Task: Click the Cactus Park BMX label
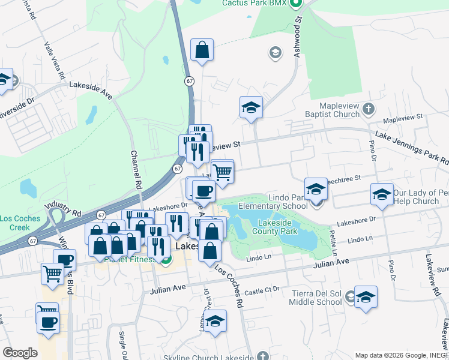tap(255, 4)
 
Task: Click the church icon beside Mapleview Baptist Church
tap(369, 110)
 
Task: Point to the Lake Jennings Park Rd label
tap(412, 148)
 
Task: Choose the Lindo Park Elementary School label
tap(273, 201)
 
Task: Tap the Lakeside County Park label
tap(275, 226)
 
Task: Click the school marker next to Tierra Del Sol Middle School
tap(366, 297)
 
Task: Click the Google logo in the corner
tap(20, 353)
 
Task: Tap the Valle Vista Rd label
tap(55, 60)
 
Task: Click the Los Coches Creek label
tap(15, 223)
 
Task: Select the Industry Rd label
tap(66, 209)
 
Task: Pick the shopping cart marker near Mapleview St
tap(222, 172)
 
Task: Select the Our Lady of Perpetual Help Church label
tap(420, 197)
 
